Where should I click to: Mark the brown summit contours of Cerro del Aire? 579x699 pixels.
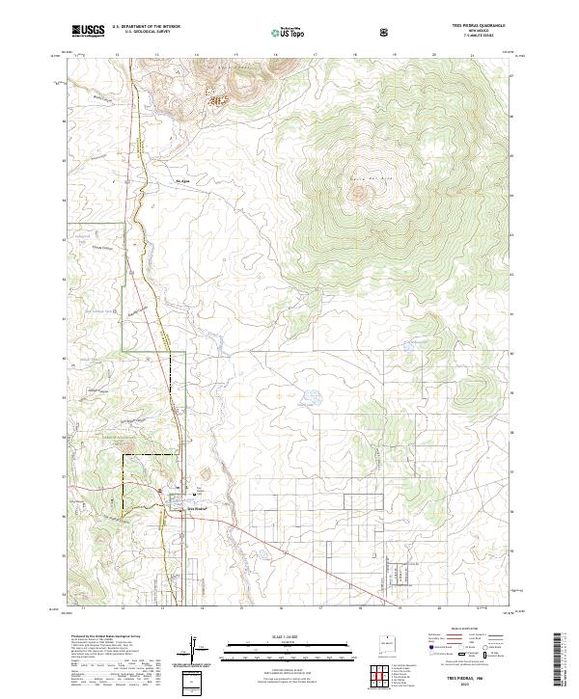click(x=362, y=191)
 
